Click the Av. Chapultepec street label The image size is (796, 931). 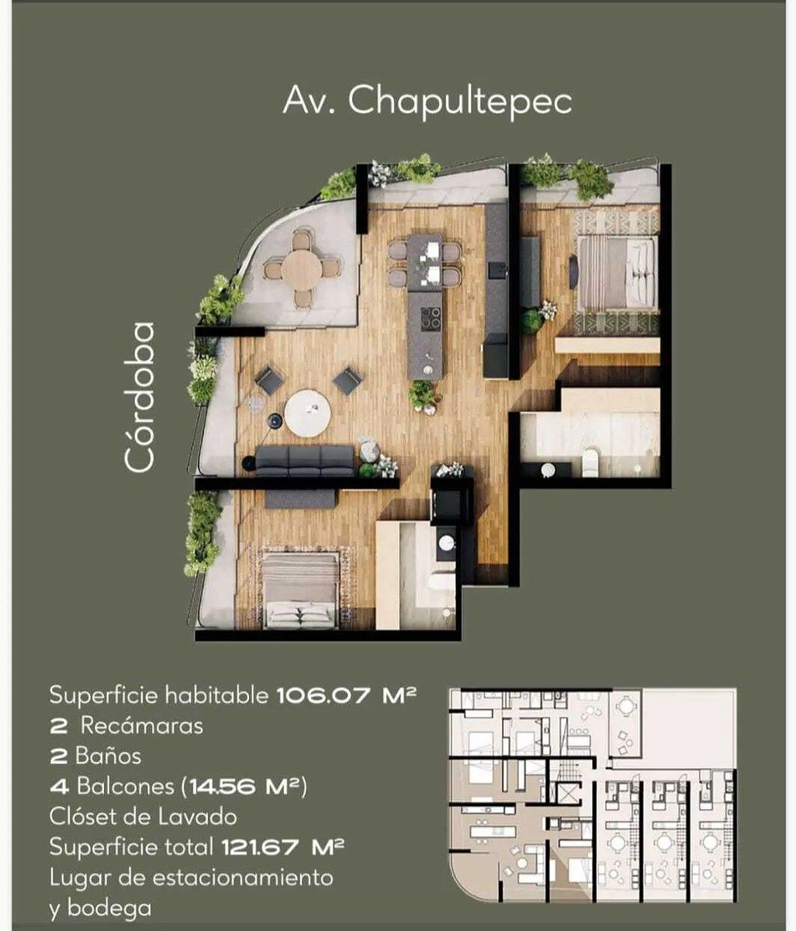coord(427,102)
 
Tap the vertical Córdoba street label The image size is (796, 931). coord(139,397)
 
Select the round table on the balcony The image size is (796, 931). coord(302,270)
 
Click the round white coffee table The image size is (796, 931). coord(307,413)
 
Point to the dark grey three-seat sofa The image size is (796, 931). coord(305,460)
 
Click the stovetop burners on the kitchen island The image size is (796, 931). coord(431,317)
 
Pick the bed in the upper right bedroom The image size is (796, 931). coord(616,272)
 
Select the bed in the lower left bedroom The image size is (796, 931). coord(300,591)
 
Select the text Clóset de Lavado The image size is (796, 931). coord(144,817)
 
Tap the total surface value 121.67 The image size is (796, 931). coord(261,847)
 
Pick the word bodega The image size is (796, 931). coord(109,909)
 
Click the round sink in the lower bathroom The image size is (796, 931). coord(446,542)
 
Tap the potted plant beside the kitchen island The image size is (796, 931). coord(422,396)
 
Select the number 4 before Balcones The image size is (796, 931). coord(60,787)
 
